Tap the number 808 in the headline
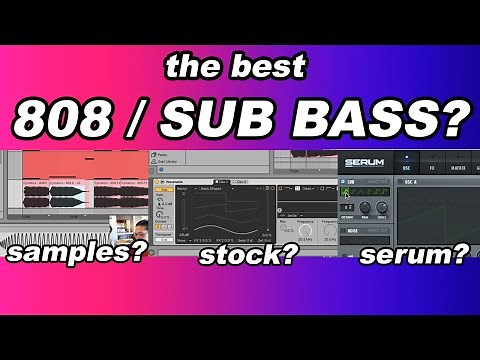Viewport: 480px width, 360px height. (x=62, y=119)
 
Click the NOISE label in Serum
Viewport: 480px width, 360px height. (x=353, y=227)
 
